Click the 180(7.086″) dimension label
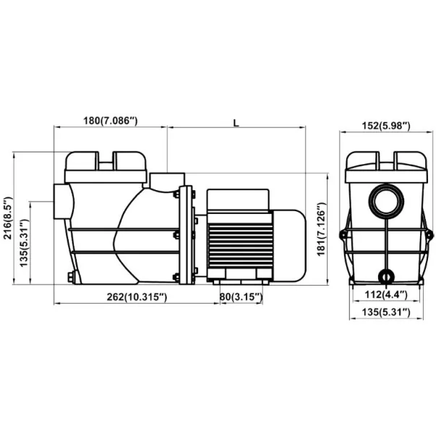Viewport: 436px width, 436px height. coord(111,121)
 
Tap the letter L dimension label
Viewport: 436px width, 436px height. coord(236,123)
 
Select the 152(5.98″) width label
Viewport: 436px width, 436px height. coord(386,126)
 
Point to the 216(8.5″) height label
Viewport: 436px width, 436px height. coord(8,218)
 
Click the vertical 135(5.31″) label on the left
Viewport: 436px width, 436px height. coord(24,243)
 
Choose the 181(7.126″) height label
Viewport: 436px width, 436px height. coord(321,229)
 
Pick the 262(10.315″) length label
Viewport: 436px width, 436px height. coord(137,297)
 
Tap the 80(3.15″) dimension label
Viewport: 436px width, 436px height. coord(241,297)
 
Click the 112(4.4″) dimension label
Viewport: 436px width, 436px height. coord(386,294)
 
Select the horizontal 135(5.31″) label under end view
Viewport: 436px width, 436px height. coord(386,312)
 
